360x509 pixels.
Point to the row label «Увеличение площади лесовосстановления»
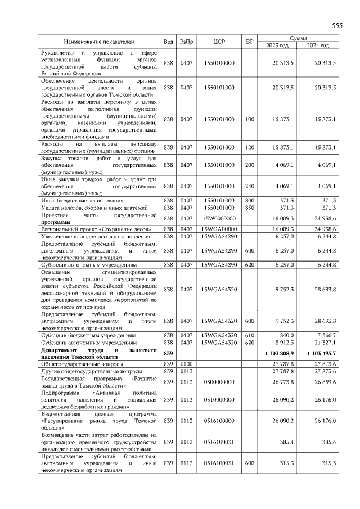tap(94, 236)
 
